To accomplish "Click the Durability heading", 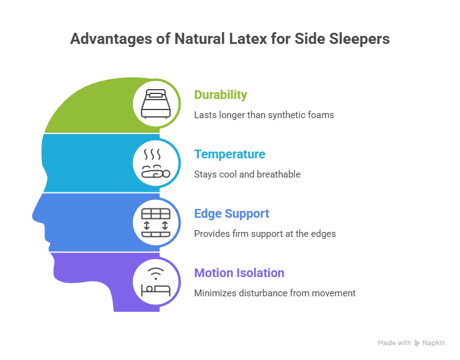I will pos(220,95).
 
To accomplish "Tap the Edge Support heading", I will pos(231,213).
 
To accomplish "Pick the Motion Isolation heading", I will pos(239,273).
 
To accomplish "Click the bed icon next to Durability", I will pos(157,105).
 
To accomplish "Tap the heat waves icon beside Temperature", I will pos(157,163).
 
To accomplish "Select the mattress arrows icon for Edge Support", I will pos(157,223).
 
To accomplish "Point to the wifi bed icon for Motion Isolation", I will pos(157,282).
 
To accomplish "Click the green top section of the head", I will pos(93,111).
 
